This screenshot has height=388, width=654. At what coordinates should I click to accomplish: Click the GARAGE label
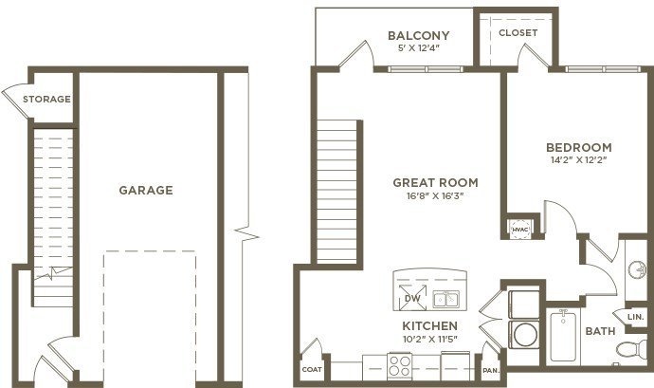coord(146,191)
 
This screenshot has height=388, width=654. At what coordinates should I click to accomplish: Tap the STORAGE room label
coord(46,100)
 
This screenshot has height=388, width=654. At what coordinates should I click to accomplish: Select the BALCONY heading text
coord(419,35)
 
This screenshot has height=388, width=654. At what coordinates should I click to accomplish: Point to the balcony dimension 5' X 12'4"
coord(419,48)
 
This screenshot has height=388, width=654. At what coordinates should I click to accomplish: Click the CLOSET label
coord(518,32)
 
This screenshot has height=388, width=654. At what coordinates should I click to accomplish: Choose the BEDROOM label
coord(579,147)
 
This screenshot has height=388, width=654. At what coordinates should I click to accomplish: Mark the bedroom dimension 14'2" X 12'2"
coord(578,160)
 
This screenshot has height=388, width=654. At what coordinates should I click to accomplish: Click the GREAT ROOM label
coord(435,182)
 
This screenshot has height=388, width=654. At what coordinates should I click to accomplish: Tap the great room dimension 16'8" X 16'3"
coord(435,195)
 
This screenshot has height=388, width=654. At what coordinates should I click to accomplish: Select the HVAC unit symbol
coord(520,230)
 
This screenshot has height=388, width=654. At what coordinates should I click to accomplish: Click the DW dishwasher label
coord(412,299)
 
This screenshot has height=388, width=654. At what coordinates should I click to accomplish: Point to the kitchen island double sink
coord(445,299)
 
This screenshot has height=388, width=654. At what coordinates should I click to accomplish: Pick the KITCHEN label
coord(430,325)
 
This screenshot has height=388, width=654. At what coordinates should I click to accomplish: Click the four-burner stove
coord(400,366)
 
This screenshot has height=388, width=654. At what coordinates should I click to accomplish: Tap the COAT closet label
coord(312,370)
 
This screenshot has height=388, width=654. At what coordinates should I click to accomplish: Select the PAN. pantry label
coord(491,371)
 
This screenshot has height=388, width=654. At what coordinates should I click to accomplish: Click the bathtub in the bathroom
coord(563,336)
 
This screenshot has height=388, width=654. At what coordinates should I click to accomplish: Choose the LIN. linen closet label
coord(636,318)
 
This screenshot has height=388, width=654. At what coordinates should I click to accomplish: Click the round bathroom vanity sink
coord(638,269)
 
